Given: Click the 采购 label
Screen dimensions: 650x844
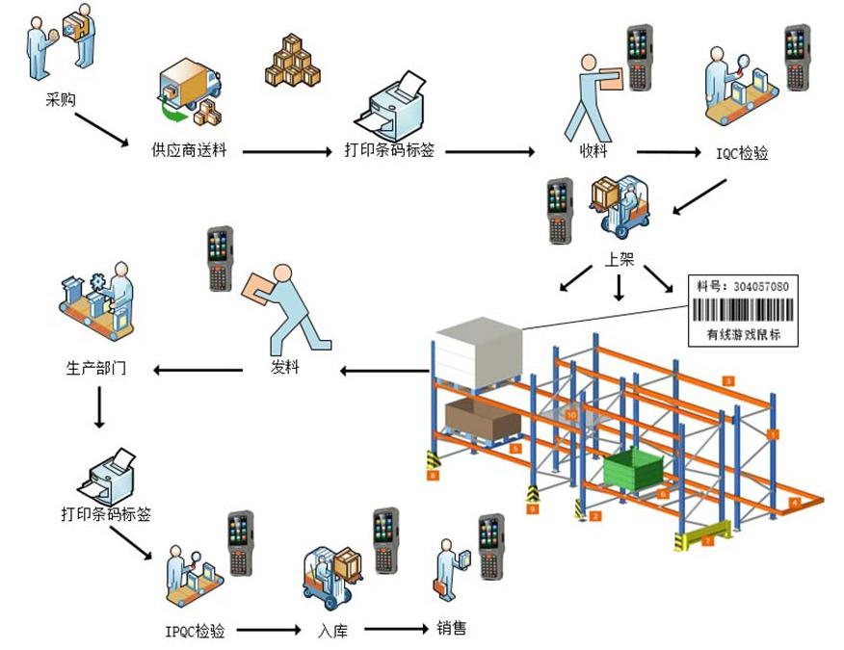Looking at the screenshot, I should (60, 98).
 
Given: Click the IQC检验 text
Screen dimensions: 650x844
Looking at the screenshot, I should (743, 152).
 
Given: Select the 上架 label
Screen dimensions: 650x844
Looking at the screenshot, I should (620, 260).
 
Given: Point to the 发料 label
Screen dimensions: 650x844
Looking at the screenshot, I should (286, 367).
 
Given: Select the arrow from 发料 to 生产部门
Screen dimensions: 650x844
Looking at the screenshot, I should (199, 369).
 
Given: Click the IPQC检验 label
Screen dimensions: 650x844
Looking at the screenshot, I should (194, 631).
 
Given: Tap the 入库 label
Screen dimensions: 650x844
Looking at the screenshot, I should (332, 631).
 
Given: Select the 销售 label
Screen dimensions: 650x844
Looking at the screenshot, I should (452, 629).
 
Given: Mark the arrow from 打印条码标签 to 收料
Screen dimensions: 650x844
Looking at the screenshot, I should (489, 151).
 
